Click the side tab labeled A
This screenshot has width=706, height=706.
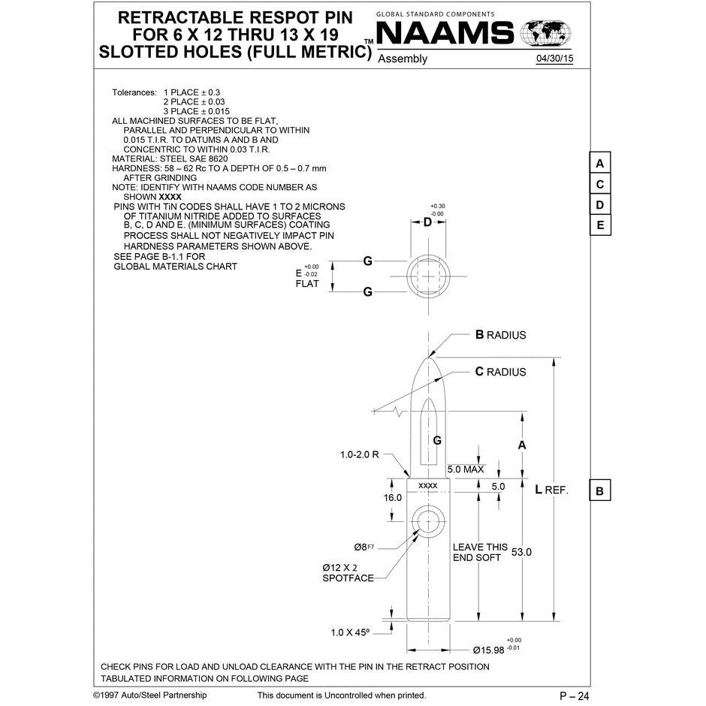click(600, 164)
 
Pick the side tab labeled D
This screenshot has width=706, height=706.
click(600, 205)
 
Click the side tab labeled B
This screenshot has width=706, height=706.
click(600, 491)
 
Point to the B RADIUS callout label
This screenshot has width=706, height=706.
click(500, 335)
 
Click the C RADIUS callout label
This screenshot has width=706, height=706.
click(500, 372)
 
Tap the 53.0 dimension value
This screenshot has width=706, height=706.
click(521, 552)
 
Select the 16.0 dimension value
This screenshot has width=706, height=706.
click(393, 497)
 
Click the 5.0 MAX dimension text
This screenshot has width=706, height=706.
click(466, 469)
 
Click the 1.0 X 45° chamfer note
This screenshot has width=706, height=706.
click(350, 633)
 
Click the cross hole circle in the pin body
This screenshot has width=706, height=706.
click(428, 520)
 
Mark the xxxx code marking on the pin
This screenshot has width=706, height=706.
click(427, 486)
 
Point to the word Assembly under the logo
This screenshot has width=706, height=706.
click(403, 59)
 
